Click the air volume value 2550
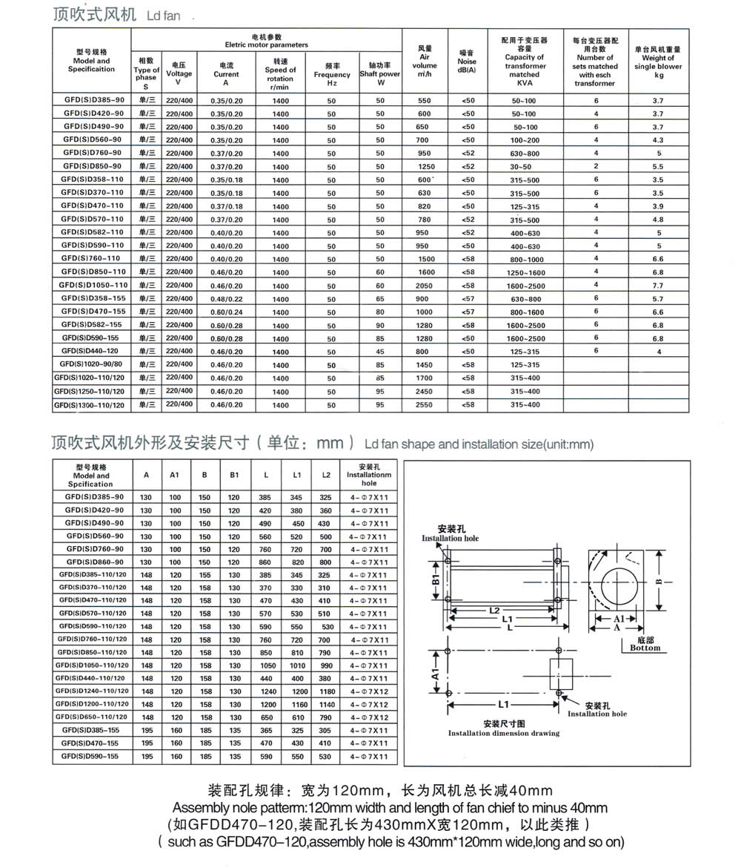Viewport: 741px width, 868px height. pos(424,405)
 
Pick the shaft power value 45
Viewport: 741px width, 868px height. pos(379,351)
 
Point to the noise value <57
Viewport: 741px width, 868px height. pos(468,298)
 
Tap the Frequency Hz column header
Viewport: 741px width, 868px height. pos(332,74)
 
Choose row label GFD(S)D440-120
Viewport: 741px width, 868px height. pos(93,351)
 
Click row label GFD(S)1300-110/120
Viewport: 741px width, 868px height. pos(90,405)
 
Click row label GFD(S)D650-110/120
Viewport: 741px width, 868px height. pos(93,717)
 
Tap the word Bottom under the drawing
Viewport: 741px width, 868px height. pos(645,648)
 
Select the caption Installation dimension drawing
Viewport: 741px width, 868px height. pos(504,733)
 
